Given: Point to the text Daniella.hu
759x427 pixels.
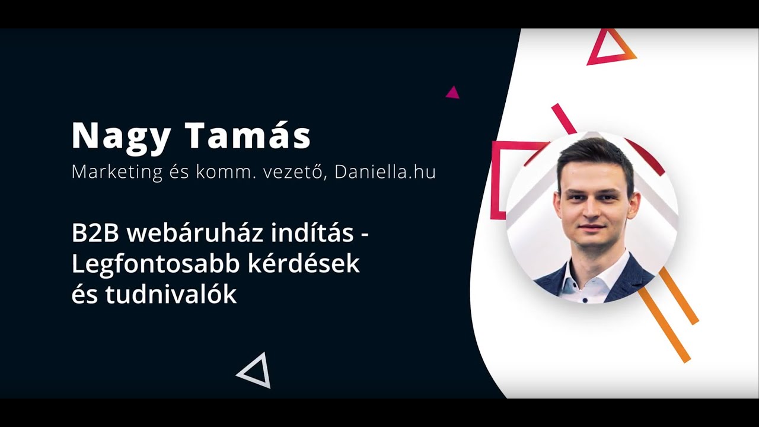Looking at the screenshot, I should (385, 171).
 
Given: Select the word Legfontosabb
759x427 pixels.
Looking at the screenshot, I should (155, 265).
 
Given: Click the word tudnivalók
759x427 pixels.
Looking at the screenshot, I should (171, 295).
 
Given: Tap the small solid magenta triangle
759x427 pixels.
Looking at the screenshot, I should (453, 93).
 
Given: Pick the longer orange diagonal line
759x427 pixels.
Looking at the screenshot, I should (664, 325).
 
